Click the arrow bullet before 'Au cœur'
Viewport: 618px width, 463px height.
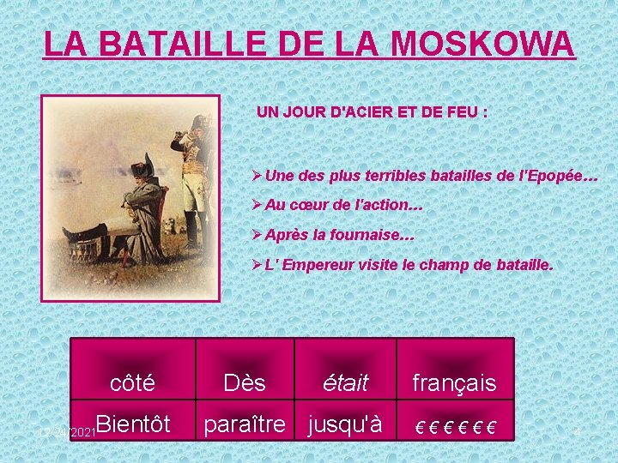click(x=257, y=207)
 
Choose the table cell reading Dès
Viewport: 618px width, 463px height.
click(x=244, y=382)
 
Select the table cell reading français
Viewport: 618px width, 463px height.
click(x=454, y=382)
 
